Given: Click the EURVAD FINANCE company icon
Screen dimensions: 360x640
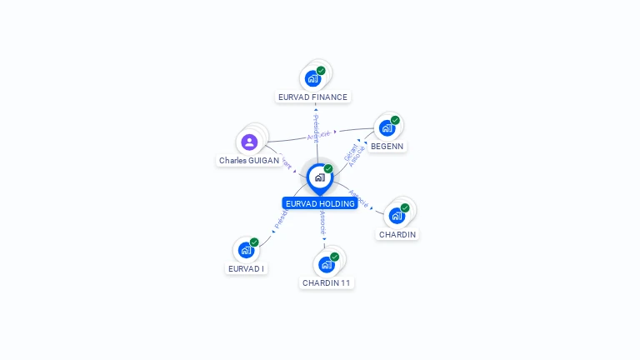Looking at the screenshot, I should [313, 78].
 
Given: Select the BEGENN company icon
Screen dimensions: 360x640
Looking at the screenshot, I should [387, 128].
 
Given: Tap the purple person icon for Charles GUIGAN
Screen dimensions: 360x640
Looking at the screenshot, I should [249, 142].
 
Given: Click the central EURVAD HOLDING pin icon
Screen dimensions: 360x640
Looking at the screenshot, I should [319, 177].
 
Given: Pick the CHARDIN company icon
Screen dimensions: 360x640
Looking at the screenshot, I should [397, 216].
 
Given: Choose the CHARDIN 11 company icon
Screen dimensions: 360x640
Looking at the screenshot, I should [327, 264].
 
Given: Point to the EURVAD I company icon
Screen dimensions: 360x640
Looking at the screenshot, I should [246, 250].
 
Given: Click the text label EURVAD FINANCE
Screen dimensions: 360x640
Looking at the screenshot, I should [312, 97].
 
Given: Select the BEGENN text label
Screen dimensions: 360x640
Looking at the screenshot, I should [387, 147].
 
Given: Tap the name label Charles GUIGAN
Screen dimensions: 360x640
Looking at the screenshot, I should [249, 161].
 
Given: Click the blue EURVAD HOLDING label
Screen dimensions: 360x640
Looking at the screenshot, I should [320, 203].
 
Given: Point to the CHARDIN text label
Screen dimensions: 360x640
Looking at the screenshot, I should [397, 235].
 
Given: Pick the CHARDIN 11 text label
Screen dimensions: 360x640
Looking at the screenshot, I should [327, 283].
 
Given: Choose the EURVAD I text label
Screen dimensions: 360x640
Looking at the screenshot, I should [246, 269].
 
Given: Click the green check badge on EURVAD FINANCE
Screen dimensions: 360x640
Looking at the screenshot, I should [321, 71].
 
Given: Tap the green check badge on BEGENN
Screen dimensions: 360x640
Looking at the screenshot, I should [395, 120].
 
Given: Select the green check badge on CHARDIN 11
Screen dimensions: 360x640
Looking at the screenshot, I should [334, 257].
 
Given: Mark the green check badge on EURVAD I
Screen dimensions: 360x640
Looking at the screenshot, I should [254, 242].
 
